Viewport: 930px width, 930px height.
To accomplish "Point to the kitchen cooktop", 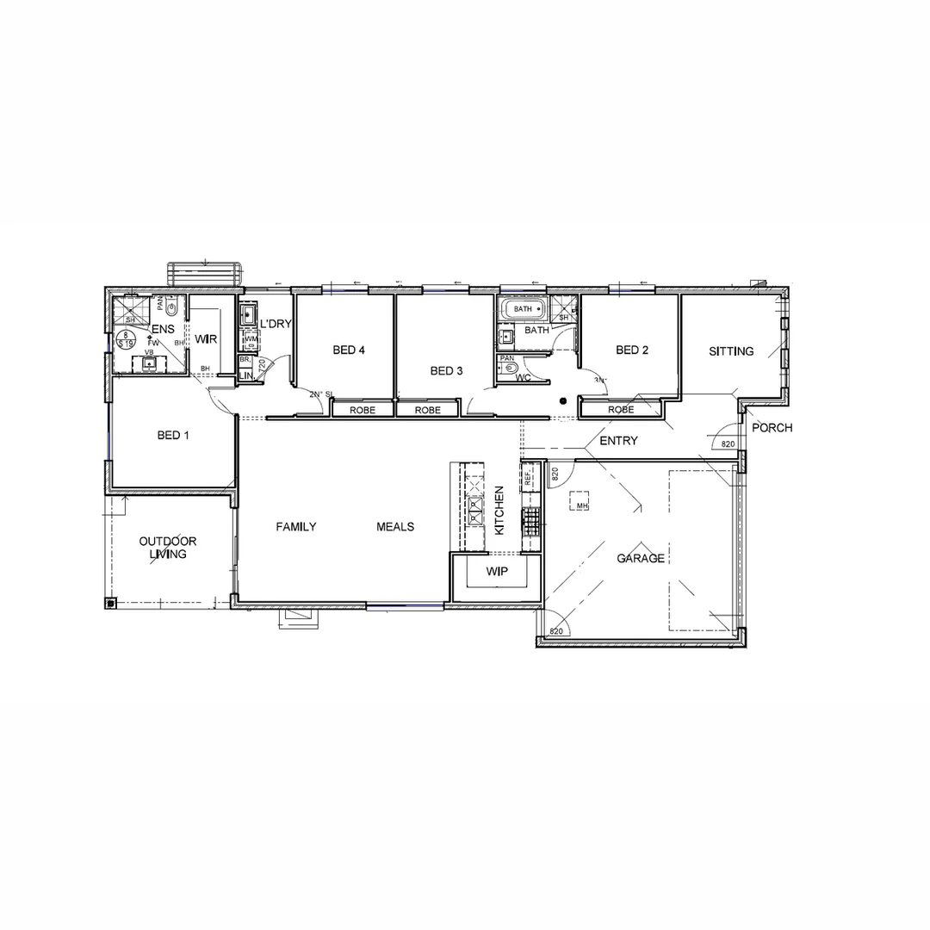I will point(532,521).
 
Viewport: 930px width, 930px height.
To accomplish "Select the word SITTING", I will point(731,351).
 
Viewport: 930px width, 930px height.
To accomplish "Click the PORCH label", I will point(772,428).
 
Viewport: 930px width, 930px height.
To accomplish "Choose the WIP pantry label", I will point(497,572).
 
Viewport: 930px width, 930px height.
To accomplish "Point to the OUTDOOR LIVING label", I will point(168,548).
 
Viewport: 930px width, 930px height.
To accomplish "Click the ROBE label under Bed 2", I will point(621,410).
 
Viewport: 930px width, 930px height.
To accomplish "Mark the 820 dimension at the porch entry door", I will point(728,444).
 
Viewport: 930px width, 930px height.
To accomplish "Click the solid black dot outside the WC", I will point(562,400).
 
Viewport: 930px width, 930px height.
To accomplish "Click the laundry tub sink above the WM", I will point(249,313).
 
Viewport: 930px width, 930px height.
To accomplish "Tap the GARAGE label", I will point(640,558).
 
